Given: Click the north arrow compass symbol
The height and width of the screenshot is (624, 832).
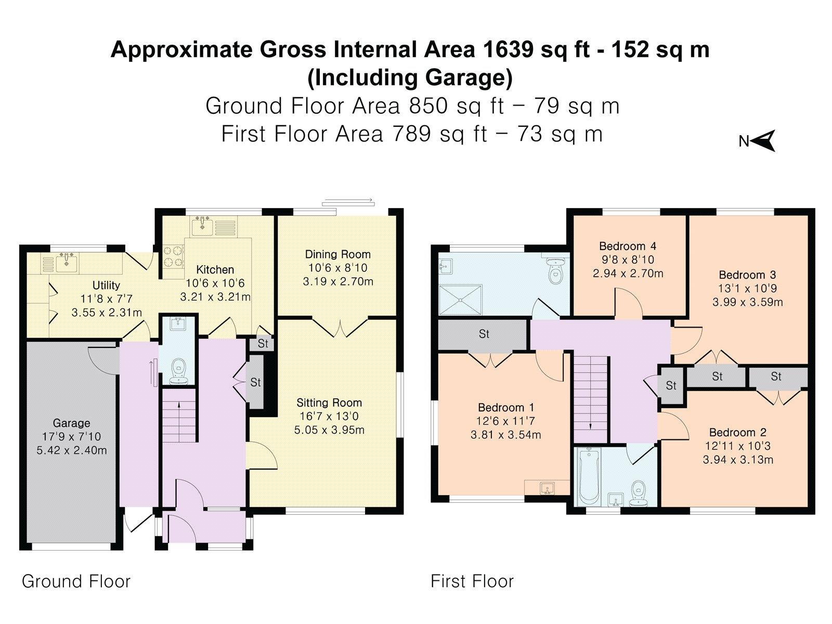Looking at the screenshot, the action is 763,141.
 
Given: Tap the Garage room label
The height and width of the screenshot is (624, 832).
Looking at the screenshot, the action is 71,423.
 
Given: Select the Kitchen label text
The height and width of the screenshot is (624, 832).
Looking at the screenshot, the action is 215,269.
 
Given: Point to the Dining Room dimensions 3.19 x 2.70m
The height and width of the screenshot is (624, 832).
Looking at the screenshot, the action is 337,281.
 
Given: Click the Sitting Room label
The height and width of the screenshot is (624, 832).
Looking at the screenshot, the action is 329,402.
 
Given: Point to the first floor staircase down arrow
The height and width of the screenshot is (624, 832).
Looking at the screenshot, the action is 590,421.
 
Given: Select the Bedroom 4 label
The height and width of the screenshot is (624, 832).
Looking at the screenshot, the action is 627,246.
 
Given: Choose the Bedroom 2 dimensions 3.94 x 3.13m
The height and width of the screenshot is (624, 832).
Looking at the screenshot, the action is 737,460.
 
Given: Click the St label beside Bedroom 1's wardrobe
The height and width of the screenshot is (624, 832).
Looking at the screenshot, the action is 484,334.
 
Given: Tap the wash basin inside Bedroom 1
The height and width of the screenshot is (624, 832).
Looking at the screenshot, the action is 547,488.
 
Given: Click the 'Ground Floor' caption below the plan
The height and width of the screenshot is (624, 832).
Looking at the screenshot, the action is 76,581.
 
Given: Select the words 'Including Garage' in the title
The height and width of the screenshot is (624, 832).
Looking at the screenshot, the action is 410,77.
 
